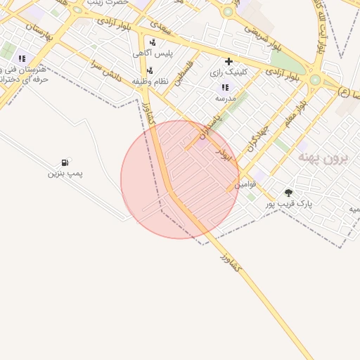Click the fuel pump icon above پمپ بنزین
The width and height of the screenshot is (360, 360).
point(65,162)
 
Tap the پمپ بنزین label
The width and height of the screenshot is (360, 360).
point(65,173)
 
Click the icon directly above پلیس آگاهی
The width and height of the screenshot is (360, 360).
point(153,42)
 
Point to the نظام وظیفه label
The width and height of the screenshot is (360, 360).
point(150,81)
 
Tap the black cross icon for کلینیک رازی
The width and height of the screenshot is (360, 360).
point(229,61)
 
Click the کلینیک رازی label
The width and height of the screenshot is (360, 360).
point(226,72)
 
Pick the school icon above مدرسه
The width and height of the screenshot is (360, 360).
point(225,87)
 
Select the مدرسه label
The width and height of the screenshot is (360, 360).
point(225,98)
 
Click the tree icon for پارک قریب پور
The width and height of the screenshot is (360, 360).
point(288,193)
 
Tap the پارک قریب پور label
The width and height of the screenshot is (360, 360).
point(288,203)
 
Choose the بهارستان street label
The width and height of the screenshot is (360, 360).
point(41,32)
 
